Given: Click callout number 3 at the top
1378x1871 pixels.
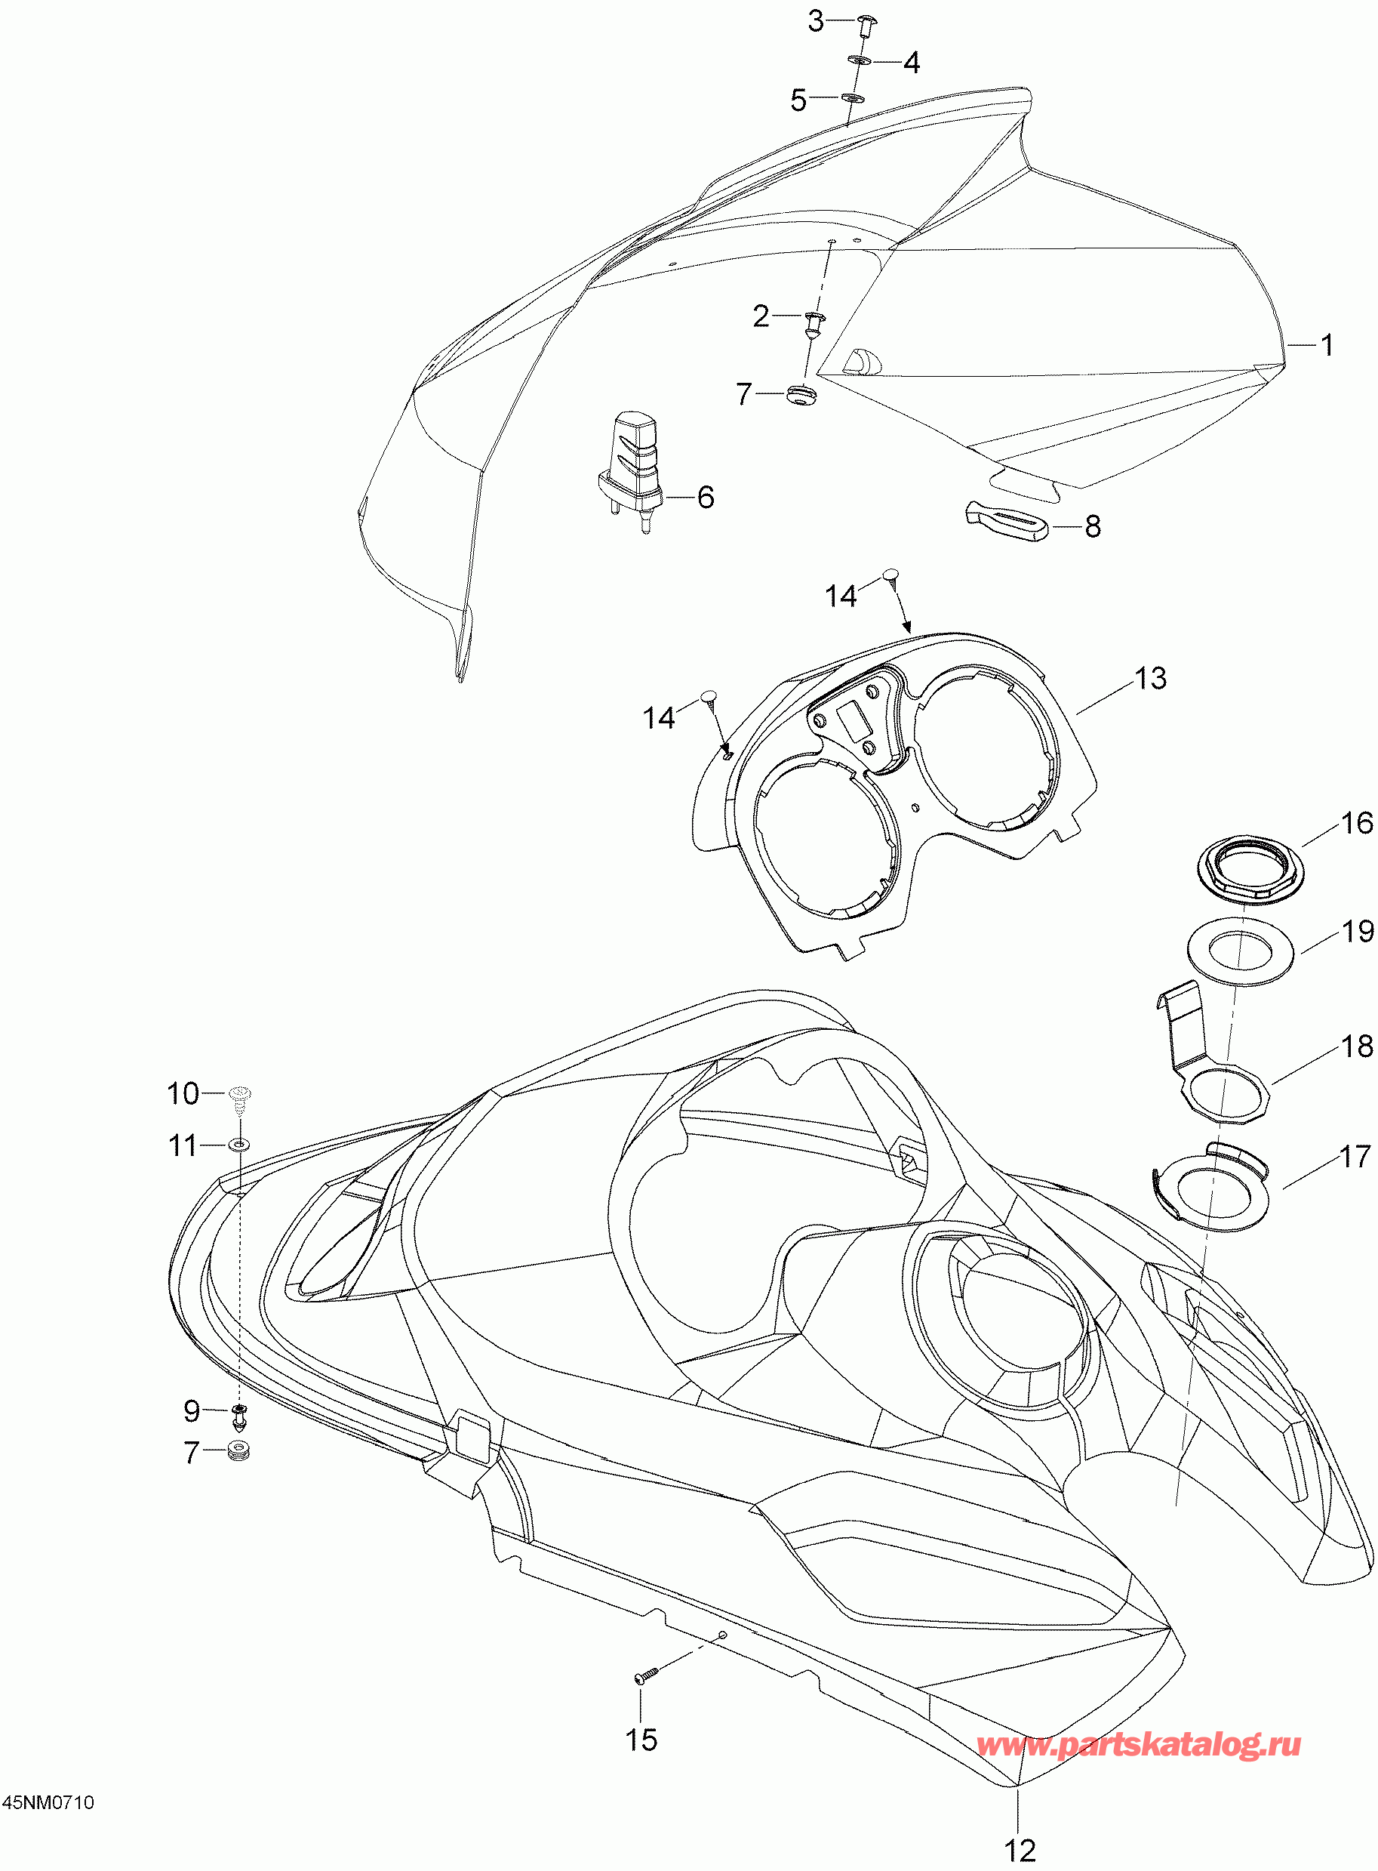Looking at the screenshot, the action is point(816,22).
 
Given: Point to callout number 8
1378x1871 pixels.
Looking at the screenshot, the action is point(1093,526).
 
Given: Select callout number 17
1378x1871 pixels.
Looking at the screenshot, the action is point(1355,1157).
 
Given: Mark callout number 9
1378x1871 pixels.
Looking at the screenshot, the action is point(192,1411).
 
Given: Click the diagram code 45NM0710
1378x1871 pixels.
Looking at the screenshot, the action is point(48,1802).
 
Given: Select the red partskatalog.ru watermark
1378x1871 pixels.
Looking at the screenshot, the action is point(1138,1743).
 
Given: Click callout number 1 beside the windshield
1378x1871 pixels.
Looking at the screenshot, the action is point(1326,344).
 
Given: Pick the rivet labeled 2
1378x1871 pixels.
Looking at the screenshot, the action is point(813,322).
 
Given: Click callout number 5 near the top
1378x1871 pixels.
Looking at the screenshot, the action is point(798,101).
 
